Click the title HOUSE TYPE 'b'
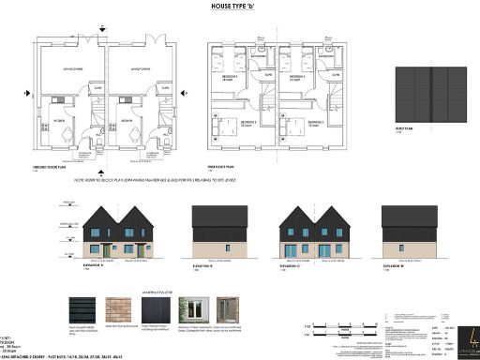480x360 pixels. coord(240,6)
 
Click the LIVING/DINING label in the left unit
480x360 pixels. coord(72,67)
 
